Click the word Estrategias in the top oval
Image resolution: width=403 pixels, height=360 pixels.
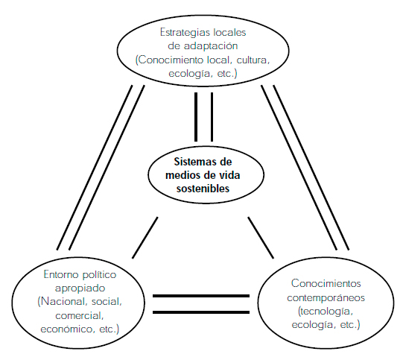click(x=184, y=33)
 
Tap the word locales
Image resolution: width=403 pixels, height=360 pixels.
click(x=229, y=32)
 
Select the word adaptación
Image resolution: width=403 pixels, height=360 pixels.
click(x=211, y=46)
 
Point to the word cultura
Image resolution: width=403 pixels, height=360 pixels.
click(x=253, y=60)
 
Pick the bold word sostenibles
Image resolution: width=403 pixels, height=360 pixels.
click(x=203, y=189)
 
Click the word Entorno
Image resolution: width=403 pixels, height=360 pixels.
click(x=60, y=274)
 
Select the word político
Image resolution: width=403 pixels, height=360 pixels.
click(x=99, y=275)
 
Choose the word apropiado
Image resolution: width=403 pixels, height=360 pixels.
click(x=80, y=288)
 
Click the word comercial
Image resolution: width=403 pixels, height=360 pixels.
click(x=80, y=315)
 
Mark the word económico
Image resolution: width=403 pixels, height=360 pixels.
click(x=66, y=329)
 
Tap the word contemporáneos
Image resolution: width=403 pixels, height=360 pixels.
click(x=326, y=298)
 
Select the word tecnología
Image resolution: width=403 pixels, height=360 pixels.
click(x=326, y=312)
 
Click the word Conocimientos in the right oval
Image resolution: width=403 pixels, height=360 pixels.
click(x=326, y=283)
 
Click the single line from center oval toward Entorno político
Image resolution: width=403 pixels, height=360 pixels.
click(x=145, y=238)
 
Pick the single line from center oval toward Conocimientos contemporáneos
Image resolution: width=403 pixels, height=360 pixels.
click(x=261, y=238)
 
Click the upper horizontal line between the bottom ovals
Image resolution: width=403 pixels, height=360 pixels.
click(x=201, y=296)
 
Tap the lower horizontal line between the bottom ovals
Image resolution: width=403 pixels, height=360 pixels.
click(x=201, y=312)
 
